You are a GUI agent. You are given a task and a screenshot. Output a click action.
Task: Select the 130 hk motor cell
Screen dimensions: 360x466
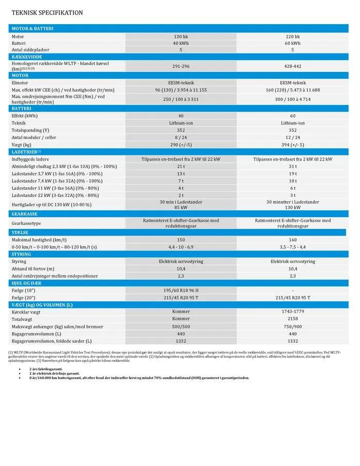point(181,37)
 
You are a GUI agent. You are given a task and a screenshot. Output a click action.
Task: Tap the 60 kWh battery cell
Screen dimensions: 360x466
point(293,43)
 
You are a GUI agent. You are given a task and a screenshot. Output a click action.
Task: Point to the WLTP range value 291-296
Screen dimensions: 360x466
point(181,66)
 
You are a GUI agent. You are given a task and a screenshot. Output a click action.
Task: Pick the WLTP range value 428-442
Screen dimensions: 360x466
point(293,66)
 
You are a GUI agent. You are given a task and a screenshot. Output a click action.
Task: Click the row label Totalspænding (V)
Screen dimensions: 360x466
point(30,130)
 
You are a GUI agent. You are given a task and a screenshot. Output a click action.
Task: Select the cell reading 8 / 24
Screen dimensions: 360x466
point(181,137)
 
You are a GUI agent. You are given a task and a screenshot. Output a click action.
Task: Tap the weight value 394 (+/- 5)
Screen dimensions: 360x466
point(293,145)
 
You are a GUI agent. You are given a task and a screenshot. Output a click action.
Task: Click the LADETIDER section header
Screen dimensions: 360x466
point(26,152)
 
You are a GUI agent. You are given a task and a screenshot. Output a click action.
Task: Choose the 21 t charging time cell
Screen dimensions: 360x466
point(181,166)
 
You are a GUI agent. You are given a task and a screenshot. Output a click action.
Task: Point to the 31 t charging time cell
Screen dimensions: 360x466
point(293,166)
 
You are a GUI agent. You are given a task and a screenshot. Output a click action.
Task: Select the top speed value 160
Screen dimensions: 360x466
point(293,240)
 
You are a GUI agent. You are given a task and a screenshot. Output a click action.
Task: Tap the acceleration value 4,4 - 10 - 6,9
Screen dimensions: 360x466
point(181,247)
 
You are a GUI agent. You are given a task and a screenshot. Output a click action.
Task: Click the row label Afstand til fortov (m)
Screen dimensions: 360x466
point(33,268)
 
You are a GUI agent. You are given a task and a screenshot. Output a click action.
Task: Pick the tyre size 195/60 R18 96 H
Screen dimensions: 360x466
point(181,290)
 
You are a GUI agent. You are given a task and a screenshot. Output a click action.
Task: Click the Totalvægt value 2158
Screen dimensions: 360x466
point(293,319)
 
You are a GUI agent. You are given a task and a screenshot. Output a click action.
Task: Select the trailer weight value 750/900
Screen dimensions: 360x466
point(293,326)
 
